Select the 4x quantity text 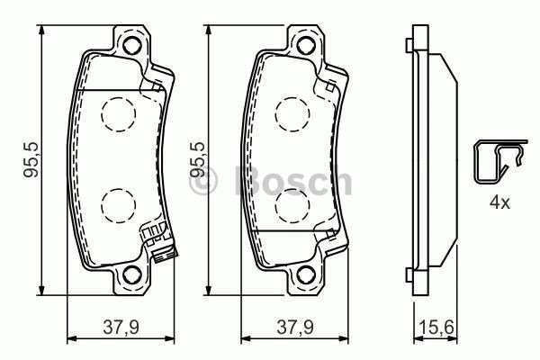499,202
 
